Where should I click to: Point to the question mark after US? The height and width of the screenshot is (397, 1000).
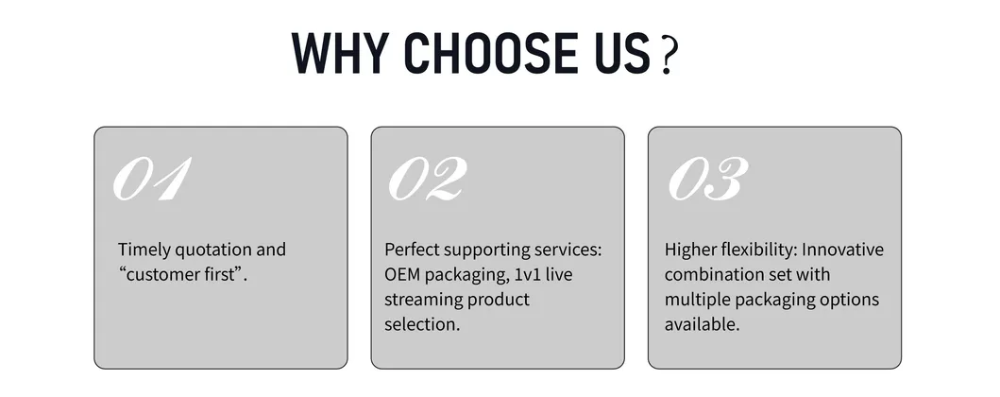(x=668, y=56)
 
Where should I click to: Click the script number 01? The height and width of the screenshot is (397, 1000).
(x=152, y=179)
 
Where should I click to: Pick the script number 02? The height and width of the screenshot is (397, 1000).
(x=428, y=179)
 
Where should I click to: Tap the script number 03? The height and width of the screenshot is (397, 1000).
(x=708, y=179)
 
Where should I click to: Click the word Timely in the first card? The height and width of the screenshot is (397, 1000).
(x=144, y=250)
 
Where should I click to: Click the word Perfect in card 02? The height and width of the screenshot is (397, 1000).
(x=412, y=249)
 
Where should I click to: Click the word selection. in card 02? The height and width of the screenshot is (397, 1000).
(x=421, y=324)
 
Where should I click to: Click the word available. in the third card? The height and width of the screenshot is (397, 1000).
(x=703, y=324)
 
